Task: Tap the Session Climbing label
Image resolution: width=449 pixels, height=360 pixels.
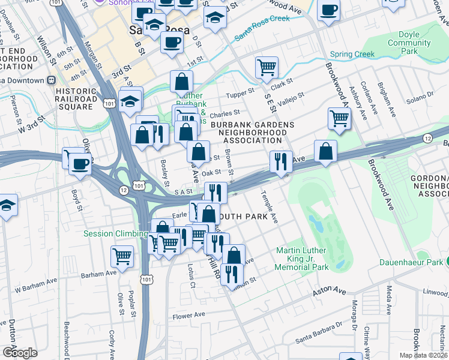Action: coord(115,233)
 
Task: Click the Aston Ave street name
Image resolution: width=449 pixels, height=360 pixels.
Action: coord(330,291)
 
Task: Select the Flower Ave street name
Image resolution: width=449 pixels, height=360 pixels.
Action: coord(188,315)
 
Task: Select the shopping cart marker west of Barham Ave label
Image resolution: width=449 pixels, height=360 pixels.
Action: coord(122,256)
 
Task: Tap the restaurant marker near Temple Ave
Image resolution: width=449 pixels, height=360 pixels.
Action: coord(280,161)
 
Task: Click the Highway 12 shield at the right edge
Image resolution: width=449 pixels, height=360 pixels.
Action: coord(427,139)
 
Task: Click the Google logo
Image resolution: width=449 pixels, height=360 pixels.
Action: coord(20,352)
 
